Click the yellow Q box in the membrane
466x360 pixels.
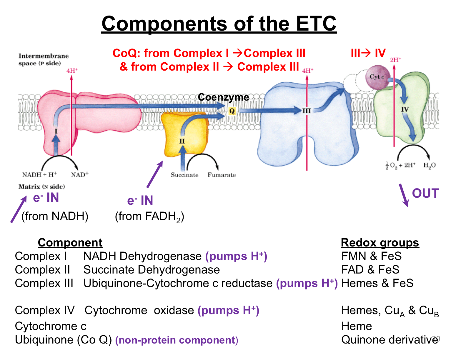[x=232, y=111]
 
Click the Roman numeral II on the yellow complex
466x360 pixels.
[x=182, y=141]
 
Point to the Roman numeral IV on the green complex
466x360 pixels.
[x=405, y=109]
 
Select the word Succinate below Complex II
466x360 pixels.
[x=184, y=175]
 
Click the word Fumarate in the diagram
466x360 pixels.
[x=222, y=175]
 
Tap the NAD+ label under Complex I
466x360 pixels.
[x=80, y=174]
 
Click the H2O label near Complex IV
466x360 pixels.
[x=429, y=165]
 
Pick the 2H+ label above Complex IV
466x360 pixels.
[x=395, y=60]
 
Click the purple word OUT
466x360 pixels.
[x=425, y=193]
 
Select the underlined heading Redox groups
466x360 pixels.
[x=380, y=243]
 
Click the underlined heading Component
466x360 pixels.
[x=70, y=243]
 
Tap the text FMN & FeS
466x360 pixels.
[x=371, y=256]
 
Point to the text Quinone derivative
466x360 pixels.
[x=389, y=340]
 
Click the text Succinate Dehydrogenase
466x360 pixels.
[x=152, y=270]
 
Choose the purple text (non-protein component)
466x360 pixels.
[x=177, y=340]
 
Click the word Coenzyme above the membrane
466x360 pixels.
[x=223, y=97]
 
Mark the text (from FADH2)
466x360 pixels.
[x=149, y=217]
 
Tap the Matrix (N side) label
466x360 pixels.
[x=42, y=186]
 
